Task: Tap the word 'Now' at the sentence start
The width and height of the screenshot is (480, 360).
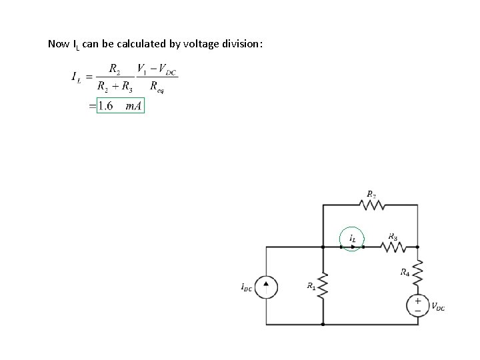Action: [x=58, y=44]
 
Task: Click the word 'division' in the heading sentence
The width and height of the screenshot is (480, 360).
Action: [x=243, y=44]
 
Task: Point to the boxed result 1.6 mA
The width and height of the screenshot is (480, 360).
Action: [x=121, y=106]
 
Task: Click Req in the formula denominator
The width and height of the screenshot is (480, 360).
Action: [x=157, y=86]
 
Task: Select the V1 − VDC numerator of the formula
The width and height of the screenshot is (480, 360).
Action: [x=157, y=69]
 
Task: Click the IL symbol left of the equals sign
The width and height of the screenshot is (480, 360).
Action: [x=77, y=77]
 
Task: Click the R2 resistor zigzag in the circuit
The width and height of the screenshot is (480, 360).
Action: [x=371, y=206]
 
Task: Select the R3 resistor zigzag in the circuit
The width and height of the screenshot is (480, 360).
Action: [x=393, y=247]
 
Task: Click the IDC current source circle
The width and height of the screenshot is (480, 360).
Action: [x=267, y=287]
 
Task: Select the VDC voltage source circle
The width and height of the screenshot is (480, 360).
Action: [x=417, y=305]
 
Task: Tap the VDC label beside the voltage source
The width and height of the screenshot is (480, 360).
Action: [x=438, y=307]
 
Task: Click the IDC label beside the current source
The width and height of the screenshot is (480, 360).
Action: [x=247, y=287]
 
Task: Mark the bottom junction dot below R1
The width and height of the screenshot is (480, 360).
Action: [x=323, y=325]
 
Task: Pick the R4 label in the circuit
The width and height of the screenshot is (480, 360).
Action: [x=405, y=271]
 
